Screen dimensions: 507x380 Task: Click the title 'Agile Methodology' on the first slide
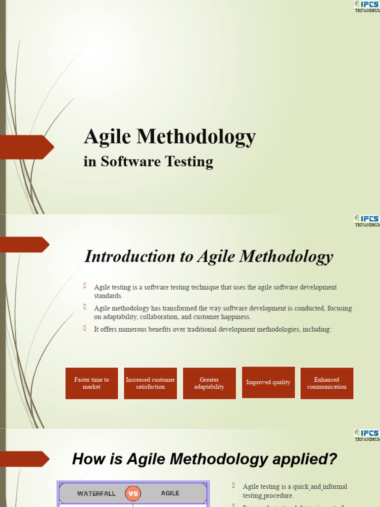click(170, 137)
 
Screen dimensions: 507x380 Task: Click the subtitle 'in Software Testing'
click(148, 161)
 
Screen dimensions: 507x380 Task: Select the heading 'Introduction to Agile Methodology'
click(209, 256)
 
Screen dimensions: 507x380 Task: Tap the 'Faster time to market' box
click(92, 383)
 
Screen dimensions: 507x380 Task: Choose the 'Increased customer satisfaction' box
click(150, 383)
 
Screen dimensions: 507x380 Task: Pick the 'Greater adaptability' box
click(209, 383)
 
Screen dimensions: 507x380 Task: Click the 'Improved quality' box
click(268, 382)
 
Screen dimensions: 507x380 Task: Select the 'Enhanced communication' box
click(327, 383)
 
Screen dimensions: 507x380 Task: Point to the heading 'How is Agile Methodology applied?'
click(204, 459)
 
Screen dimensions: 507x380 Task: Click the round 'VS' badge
click(133, 493)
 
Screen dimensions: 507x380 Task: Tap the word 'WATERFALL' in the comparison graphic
click(96, 494)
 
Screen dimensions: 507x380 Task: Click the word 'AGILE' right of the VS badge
click(170, 494)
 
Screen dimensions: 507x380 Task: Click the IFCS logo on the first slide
click(367, 5)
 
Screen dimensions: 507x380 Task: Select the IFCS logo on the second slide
click(367, 219)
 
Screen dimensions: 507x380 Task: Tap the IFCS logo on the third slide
click(367, 434)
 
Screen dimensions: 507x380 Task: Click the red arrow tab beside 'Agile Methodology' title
click(27, 147)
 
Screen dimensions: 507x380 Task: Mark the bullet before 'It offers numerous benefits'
click(85, 328)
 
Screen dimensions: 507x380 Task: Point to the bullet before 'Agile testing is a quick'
click(234, 486)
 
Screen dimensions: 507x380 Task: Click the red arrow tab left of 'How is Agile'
click(25, 458)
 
